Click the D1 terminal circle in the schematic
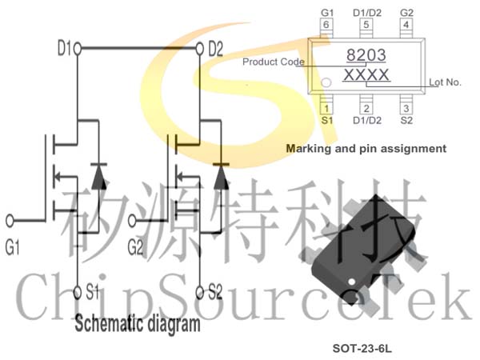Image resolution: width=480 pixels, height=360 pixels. [78, 48]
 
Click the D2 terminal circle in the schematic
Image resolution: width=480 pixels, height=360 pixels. [199, 48]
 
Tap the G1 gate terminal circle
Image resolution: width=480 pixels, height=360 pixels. [10, 221]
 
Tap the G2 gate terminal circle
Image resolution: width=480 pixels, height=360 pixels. [132, 221]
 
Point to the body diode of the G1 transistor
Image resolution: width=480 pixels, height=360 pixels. [99, 176]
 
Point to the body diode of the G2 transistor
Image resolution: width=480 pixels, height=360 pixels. [221, 176]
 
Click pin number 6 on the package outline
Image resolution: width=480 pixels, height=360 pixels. [326, 25]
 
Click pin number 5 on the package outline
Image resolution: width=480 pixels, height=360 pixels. [366, 25]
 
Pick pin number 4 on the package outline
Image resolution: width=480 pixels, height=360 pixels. [406, 25]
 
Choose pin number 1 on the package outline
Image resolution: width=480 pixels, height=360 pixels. [326, 108]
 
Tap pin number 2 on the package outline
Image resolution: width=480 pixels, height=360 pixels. [366, 108]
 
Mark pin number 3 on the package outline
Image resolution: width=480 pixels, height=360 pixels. [406, 108]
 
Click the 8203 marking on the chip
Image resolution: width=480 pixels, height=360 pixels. [366, 55]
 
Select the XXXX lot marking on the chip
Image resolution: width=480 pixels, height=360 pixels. [366, 75]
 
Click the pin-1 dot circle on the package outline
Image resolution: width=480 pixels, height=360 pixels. [326, 82]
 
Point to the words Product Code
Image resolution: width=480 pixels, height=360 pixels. [274, 62]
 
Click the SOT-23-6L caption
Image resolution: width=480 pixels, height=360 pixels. [362, 348]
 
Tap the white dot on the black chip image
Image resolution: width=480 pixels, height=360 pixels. [352, 282]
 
